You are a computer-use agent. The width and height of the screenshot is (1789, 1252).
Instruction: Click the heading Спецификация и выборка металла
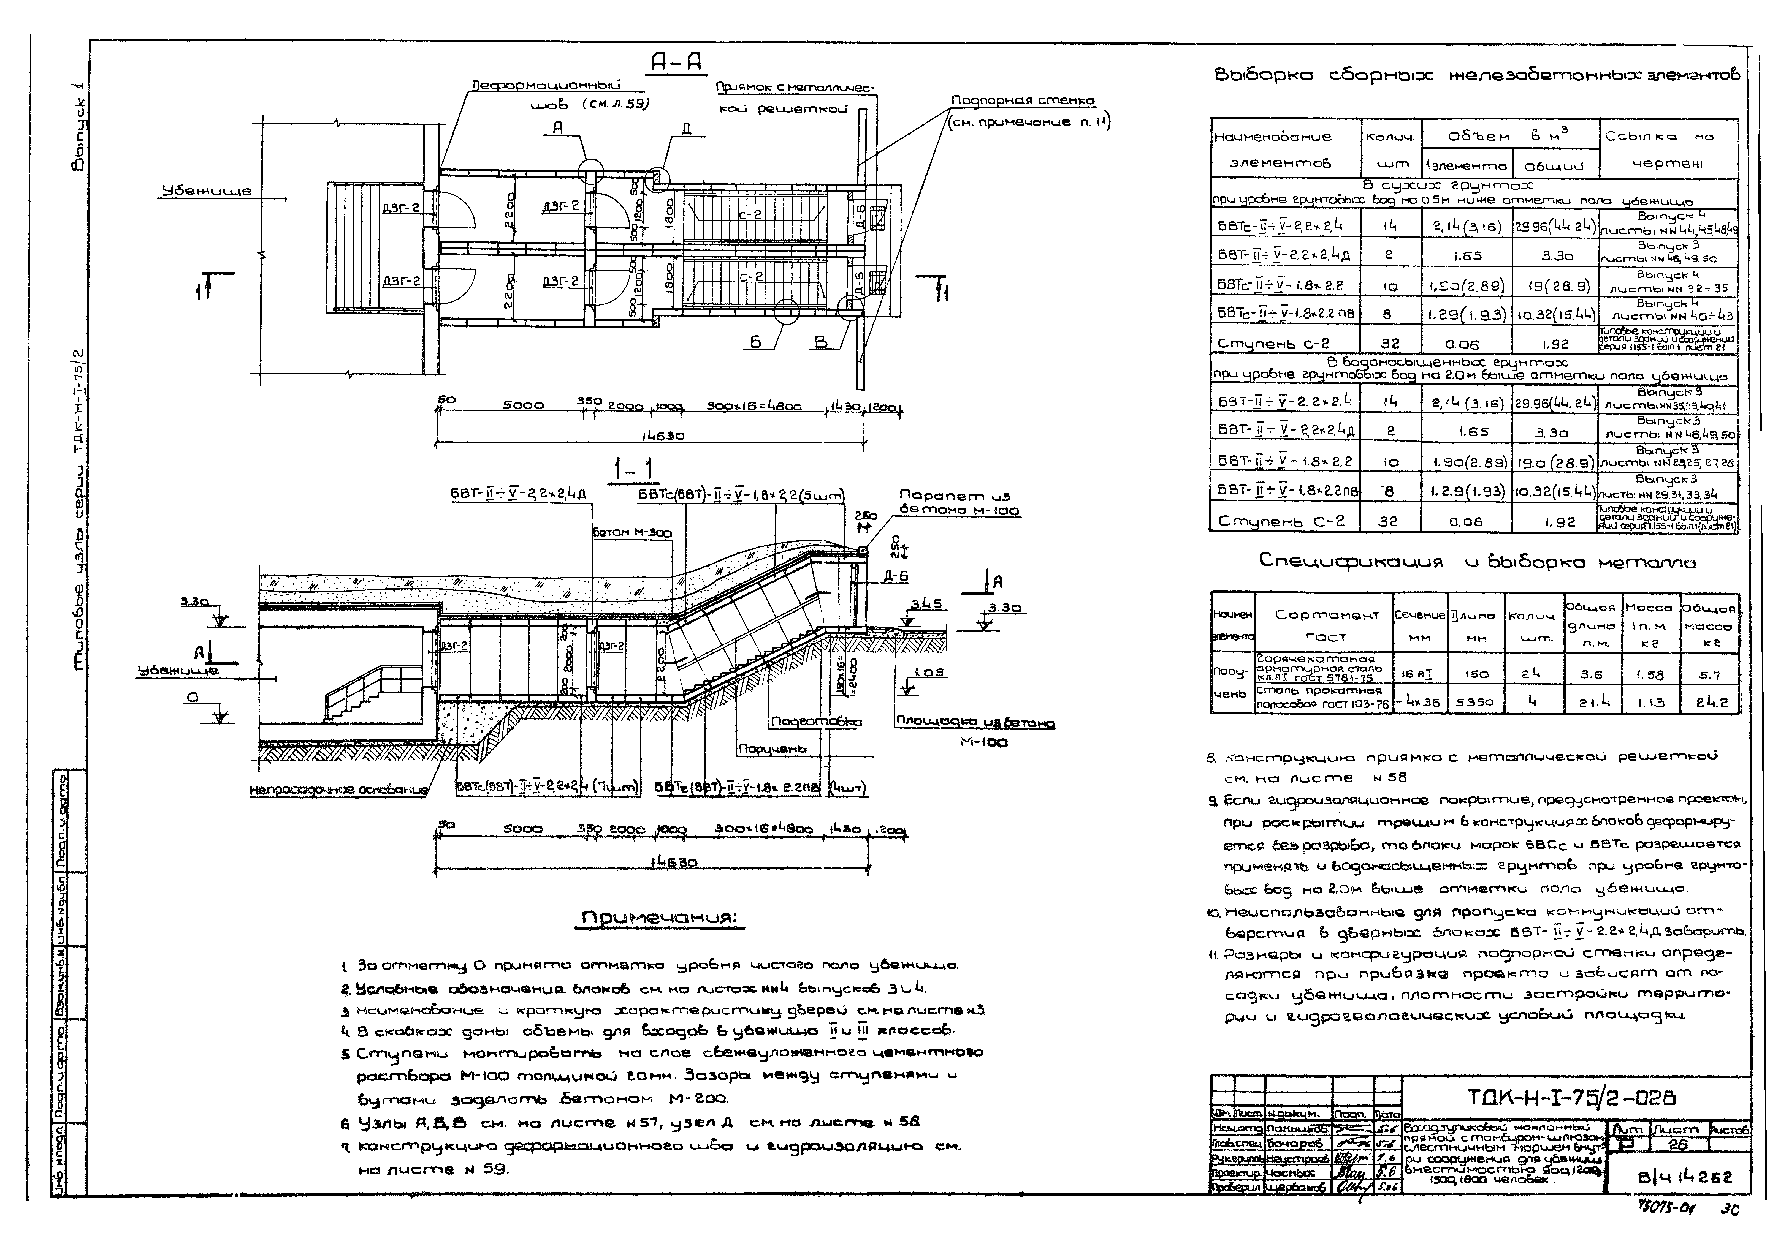click(1476, 562)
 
